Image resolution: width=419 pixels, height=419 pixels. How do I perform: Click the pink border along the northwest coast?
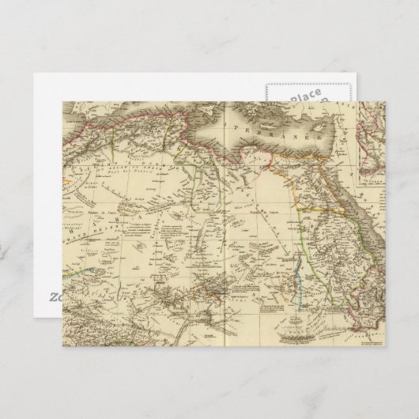150,119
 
